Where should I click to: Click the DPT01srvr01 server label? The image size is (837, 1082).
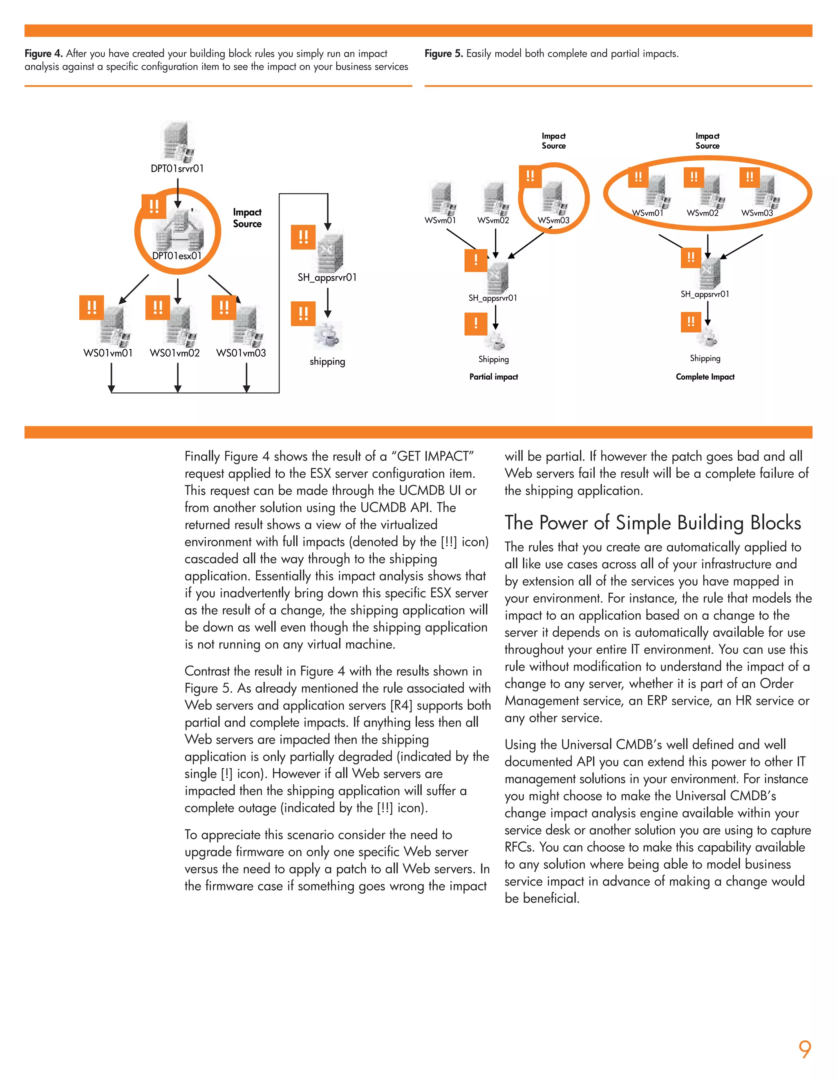(x=177, y=169)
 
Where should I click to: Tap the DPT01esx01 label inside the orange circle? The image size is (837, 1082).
(x=177, y=256)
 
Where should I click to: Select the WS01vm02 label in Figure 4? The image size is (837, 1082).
(x=175, y=353)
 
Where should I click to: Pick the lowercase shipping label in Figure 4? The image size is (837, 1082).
(x=327, y=361)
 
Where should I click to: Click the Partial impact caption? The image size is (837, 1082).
(x=493, y=376)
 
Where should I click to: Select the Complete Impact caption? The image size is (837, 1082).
(x=705, y=376)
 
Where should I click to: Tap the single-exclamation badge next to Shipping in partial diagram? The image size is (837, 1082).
(x=476, y=323)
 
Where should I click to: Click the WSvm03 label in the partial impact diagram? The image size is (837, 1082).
(x=553, y=220)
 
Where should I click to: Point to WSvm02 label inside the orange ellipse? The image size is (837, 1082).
(x=702, y=213)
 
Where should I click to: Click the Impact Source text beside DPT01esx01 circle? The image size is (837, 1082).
(x=247, y=218)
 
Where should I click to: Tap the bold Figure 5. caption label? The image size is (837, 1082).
(x=443, y=53)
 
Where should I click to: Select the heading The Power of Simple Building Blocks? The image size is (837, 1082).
(x=653, y=523)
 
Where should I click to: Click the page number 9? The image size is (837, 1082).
(x=804, y=1049)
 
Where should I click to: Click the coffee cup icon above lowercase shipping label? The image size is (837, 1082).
(x=327, y=335)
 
